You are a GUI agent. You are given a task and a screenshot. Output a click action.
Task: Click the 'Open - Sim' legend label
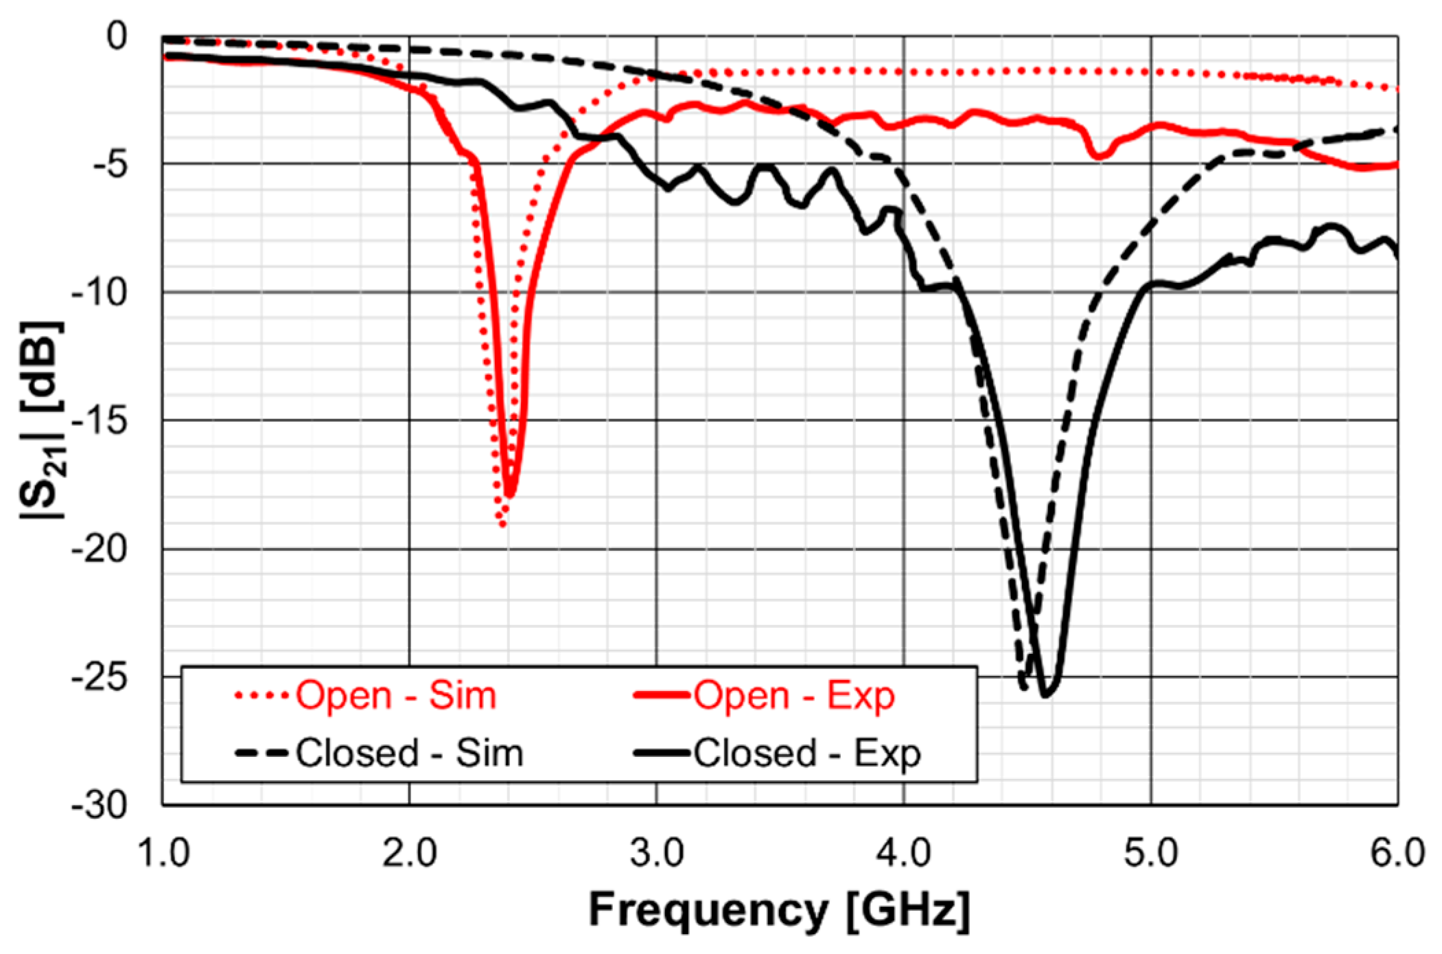395,695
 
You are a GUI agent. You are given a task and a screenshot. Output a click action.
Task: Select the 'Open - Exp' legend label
794,695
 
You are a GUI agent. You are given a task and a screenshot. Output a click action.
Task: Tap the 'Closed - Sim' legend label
409,753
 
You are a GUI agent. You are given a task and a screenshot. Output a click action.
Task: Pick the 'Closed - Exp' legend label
807,753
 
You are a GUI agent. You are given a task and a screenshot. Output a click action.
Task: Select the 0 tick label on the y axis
117,36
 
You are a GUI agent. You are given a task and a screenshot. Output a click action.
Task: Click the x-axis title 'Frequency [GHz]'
780,910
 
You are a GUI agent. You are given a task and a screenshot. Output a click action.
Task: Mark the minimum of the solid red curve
509,494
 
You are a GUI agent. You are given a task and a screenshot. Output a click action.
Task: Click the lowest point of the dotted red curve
502,525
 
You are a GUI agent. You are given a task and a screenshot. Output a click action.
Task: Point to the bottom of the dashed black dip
1023,688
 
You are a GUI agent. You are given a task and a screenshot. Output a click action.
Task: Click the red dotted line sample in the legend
261,696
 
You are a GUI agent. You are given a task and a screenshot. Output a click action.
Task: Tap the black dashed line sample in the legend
261,753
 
